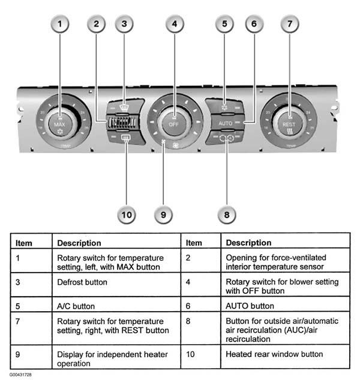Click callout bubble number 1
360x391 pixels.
pyautogui.click(x=59, y=25)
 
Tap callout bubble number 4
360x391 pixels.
pyautogui.click(x=174, y=25)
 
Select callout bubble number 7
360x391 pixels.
pyautogui.click(x=290, y=25)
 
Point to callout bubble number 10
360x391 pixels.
pyautogui.click(x=127, y=214)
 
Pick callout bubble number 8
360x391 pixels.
pyautogui.click(x=226, y=214)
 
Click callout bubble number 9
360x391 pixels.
pyautogui.click(x=163, y=214)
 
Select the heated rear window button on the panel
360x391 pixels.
pyautogui.click(x=126, y=139)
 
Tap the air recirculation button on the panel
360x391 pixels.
pyautogui.click(x=226, y=138)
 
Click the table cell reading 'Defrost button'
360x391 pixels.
pyautogui.click(x=82, y=282)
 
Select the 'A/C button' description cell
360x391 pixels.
pyautogui.click(x=73, y=306)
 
